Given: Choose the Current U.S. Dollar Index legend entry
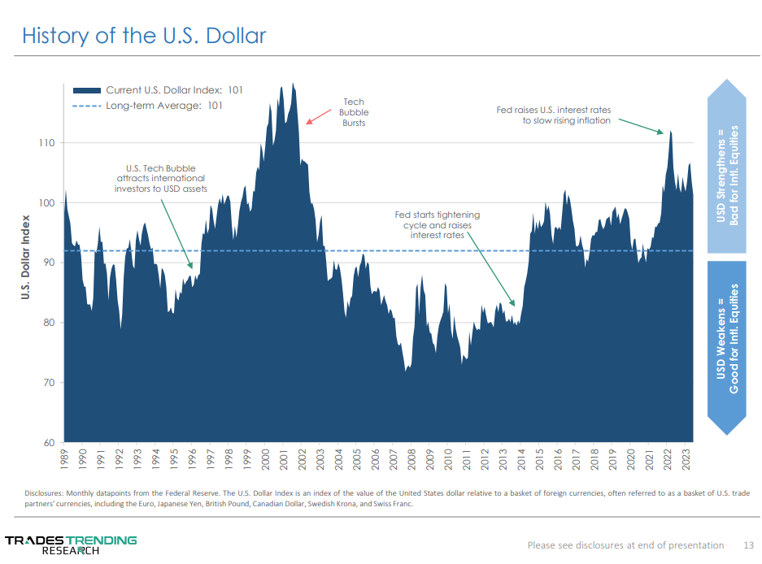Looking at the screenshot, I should click(x=158, y=90).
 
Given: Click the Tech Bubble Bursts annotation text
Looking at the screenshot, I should click(x=353, y=113).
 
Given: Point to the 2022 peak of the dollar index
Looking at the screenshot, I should click(x=670, y=132).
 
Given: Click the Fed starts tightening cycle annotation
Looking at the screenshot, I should click(x=437, y=224).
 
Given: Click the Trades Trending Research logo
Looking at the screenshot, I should click(x=72, y=544).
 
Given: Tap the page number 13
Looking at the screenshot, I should click(x=749, y=544).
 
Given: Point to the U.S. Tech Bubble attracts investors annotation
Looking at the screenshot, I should click(x=160, y=179).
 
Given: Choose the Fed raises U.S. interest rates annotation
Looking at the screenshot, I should click(x=554, y=115).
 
